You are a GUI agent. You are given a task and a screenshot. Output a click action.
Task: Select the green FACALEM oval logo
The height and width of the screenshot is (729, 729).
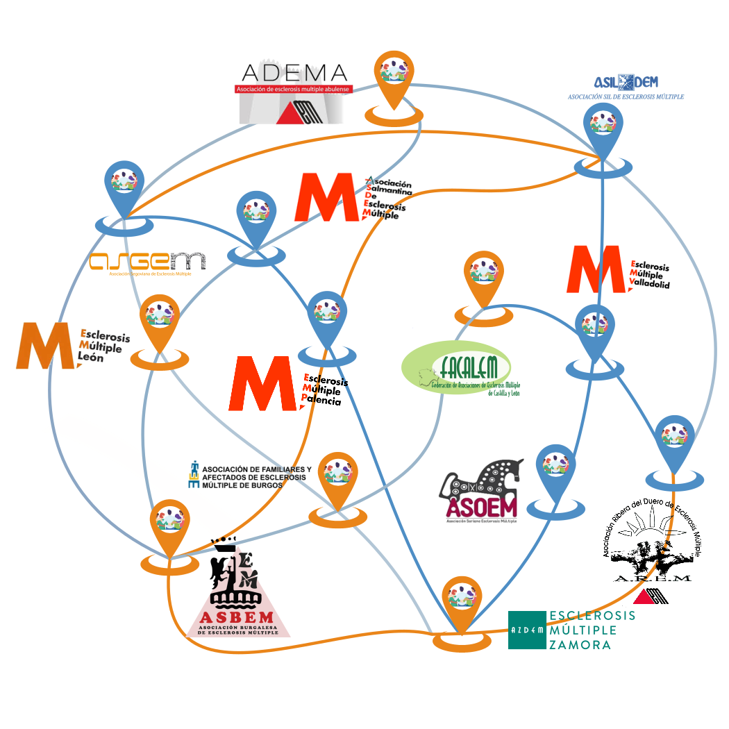(x=458, y=368)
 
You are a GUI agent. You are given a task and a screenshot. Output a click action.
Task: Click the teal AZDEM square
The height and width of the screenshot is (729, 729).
(x=527, y=630)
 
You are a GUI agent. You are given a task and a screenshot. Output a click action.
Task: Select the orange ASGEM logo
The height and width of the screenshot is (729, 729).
(x=148, y=262)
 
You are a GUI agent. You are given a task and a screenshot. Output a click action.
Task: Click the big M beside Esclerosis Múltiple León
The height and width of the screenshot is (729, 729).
(x=46, y=345)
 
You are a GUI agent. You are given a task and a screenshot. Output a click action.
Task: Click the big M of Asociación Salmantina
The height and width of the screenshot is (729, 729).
(x=326, y=197)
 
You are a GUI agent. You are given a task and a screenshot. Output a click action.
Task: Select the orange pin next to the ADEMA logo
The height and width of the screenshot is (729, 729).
(x=394, y=76)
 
